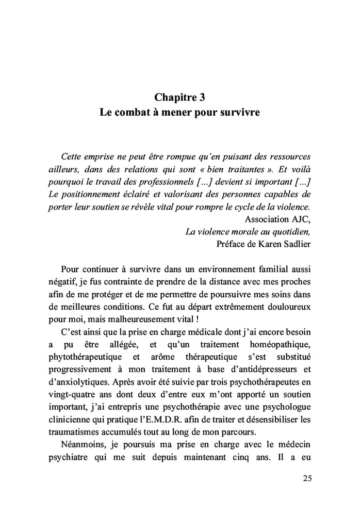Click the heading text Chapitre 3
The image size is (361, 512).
(180, 97)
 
